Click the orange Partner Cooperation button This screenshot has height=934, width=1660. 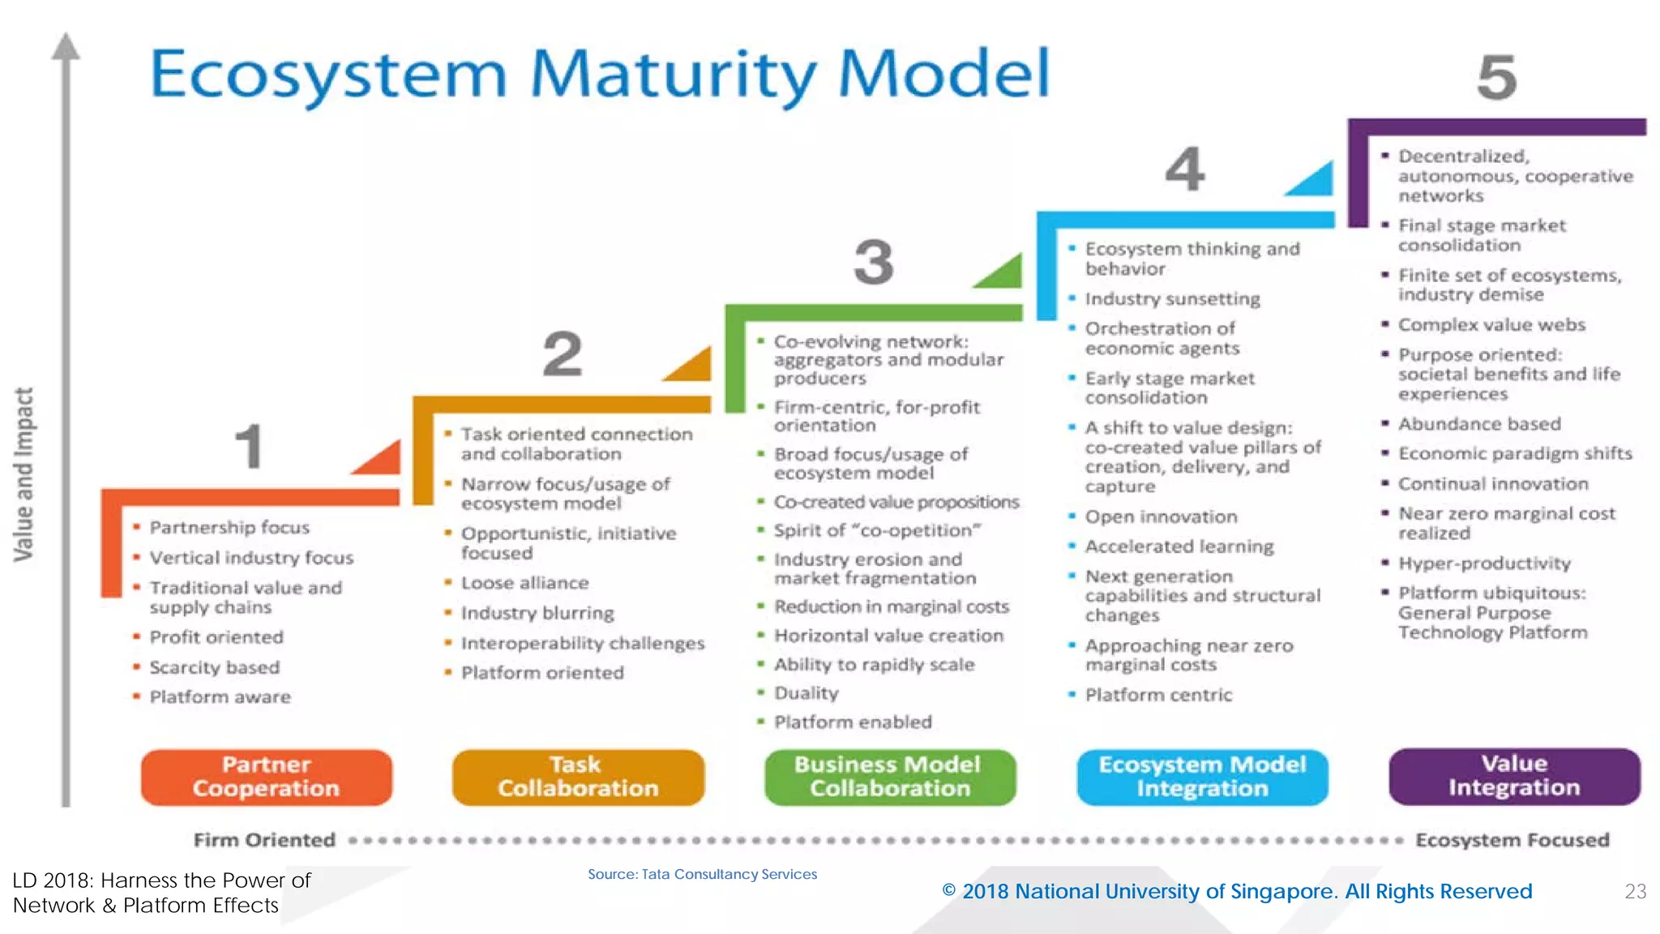coord(266,777)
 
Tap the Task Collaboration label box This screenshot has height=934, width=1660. coord(578,777)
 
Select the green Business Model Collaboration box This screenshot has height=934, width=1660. coord(889,777)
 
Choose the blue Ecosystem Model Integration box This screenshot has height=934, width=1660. coord(1202,777)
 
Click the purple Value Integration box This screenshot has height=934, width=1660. coord(1514,776)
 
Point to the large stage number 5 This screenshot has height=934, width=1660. coord(1496,78)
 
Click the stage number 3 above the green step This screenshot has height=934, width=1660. coord(873,262)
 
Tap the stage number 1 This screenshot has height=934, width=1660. coord(249,446)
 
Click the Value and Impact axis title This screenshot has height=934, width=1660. coord(24,474)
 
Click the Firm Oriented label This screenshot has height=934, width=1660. coord(264,840)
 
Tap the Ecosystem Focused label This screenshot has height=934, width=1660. coord(1512,840)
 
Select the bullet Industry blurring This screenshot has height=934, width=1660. coord(537,613)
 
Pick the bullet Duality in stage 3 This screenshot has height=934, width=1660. coord(806,693)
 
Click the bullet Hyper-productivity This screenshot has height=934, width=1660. coord(1484,563)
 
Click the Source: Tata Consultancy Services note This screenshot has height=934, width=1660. coord(702,874)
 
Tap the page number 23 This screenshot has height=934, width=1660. coord(1635,891)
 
